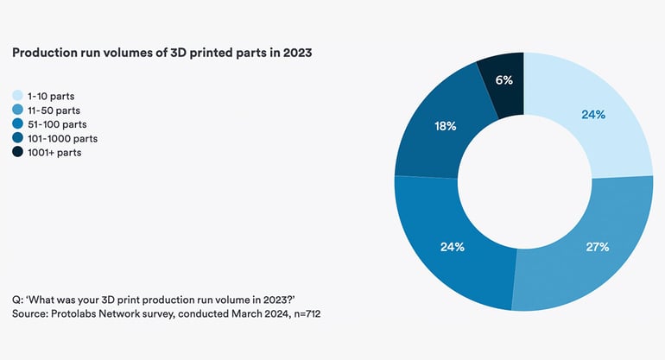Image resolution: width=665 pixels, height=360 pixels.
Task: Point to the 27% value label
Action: pyautogui.click(x=598, y=247)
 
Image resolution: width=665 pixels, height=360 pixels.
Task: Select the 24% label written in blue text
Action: pyautogui.click(x=592, y=115)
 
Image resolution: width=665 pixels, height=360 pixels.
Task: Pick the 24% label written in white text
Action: pyautogui.click(x=453, y=247)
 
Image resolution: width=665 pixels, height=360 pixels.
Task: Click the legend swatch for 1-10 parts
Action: pyautogui.click(x=17, y=96)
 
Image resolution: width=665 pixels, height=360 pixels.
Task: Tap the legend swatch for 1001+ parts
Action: pyautogui.click(x=17, y=152)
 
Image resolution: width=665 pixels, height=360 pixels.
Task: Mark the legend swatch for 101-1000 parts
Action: pyautogui.click(x=17, y=138)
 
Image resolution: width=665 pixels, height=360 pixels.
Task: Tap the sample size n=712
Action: pyautogui.click(x=304, y=313)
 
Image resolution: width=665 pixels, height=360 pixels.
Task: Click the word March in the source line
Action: pyautogui.click(x=244, y=313)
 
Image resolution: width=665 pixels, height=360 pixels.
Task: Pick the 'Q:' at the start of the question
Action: pyautogui.click(x=18, y=299)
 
